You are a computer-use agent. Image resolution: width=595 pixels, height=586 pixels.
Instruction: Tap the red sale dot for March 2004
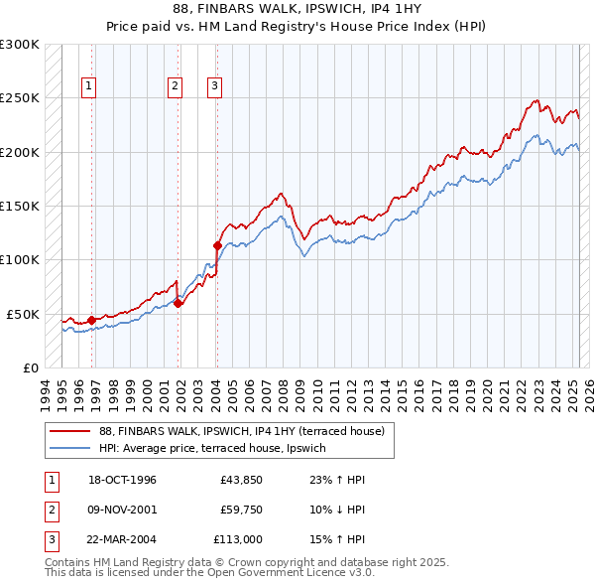217,244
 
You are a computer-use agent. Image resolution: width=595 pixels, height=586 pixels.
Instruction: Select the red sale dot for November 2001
178,303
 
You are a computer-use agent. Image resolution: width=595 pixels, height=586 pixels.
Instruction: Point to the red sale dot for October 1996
91,320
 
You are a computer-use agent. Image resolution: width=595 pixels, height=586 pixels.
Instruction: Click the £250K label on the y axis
20,98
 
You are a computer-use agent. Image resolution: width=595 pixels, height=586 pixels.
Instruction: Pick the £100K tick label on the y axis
20,259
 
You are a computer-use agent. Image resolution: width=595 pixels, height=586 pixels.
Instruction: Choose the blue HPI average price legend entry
219,448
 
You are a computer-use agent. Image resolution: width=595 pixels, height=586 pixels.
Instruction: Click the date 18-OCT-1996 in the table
122,480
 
